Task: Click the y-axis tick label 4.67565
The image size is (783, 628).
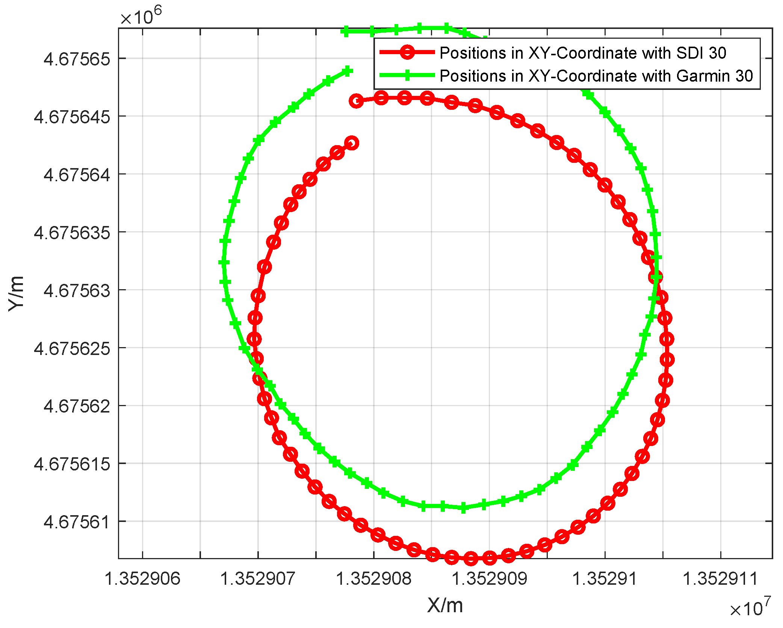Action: coord(77,59)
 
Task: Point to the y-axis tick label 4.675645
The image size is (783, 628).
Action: coord(72,117)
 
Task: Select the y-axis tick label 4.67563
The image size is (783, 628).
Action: coord(77,291)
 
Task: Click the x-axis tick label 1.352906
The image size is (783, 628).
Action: coord(142,579)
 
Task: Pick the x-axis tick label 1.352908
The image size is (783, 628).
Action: coord(373,579)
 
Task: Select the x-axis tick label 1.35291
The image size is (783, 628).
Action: coord(605,579)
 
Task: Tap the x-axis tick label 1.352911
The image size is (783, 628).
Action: coord(720,579)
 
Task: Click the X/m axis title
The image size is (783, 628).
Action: coord(445,606)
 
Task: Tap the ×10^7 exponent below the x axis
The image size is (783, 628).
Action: coord(750,608)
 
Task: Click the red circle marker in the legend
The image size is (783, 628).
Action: coord(407,52)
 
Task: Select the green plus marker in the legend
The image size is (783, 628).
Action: coord(407,75)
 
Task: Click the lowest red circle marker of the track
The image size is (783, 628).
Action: coord(471,559)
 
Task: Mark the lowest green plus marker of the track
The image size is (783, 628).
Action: coord(463,508)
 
